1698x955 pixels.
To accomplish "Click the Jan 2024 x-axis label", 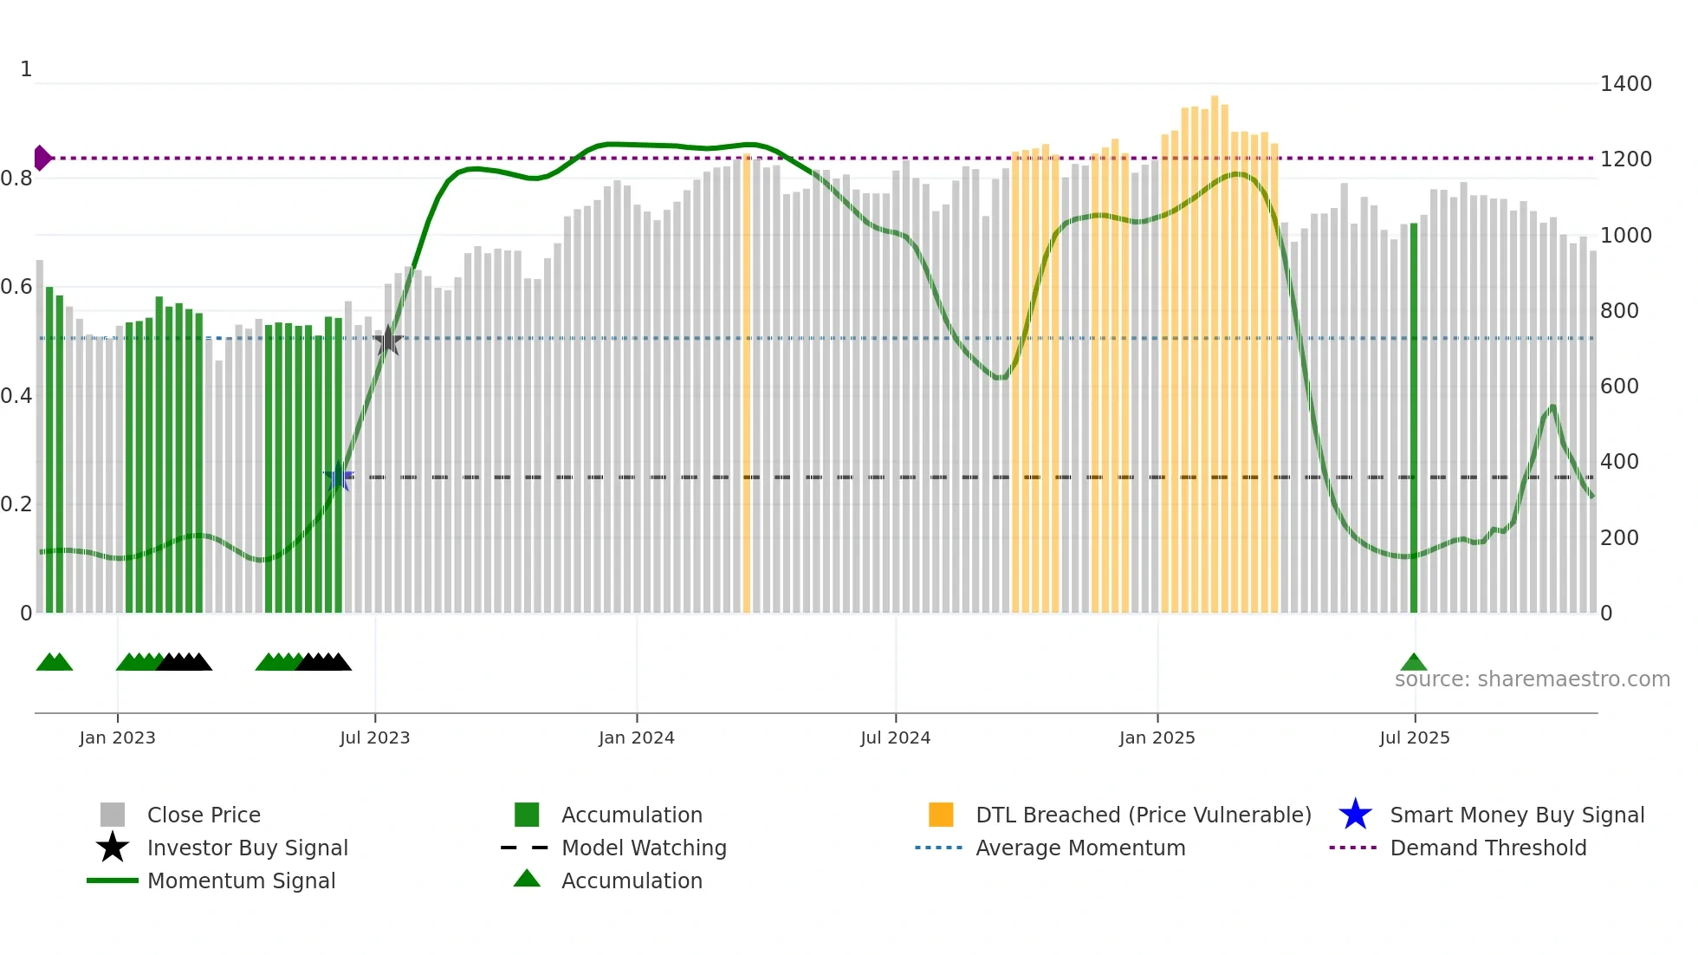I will click(636, 737).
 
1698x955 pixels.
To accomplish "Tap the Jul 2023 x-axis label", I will click(374, 737).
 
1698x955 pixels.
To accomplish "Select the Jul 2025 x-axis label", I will click(1414, 737).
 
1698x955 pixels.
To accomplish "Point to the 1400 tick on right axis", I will click(1625, 84).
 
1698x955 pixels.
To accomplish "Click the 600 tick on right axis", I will click(1619, 387).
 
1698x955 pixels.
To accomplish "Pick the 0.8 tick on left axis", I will click(16, 179).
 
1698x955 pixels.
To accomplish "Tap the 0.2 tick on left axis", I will click(16, 504).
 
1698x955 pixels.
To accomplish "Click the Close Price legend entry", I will click(204, 815).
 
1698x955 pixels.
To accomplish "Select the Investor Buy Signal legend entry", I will click(247, 848).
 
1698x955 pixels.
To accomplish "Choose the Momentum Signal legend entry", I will click(241, 880).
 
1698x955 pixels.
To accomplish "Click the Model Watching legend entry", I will click(644, 848).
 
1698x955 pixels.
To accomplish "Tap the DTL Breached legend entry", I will click(1143, 815).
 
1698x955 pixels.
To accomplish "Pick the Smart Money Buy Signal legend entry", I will click(1516, 815).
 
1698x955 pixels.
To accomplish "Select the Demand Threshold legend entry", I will click(1487, 848).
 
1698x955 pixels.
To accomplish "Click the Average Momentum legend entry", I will click(1079, 848).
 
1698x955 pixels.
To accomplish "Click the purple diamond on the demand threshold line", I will click(42, 158).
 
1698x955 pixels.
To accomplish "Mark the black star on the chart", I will click(388, 340).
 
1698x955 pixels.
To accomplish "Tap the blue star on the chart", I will click(338, 476).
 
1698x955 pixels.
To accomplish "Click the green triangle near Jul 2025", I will click(1413, 663).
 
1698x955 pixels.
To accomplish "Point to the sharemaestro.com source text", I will click(1532, 679).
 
